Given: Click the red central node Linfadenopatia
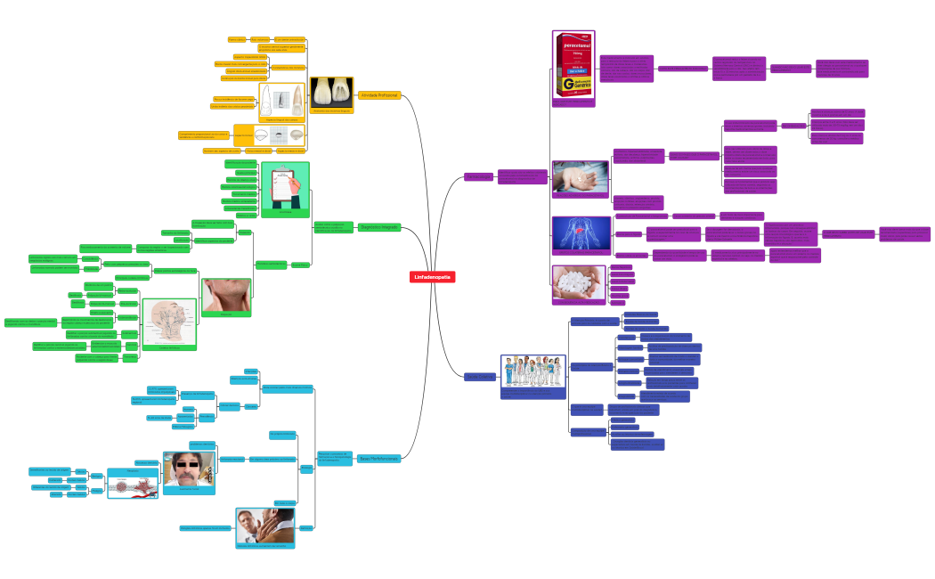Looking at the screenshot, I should (x=433, y=277).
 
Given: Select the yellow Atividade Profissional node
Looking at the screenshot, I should (x=379, y=94).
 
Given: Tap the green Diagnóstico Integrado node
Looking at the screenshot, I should (x=379, y=228).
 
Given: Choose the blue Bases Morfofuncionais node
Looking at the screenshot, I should (x=378, y=459).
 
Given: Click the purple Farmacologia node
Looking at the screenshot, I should (x=478, y=177).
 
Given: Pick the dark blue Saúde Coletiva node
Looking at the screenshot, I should (x=478, y=377).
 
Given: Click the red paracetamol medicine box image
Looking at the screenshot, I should (x=573, y=66).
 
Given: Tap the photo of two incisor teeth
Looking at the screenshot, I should (x=331, y=92).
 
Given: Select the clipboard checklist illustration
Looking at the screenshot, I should (x=285, y=186).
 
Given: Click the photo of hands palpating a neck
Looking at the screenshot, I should (x=226, y=295).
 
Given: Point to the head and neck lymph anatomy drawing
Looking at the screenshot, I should (x=169, y=322).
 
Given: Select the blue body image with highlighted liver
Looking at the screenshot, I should (x=581, y=233).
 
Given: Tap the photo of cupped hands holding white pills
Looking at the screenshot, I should (x=578, y=281).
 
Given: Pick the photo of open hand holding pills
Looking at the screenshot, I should (x=580, y=176).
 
